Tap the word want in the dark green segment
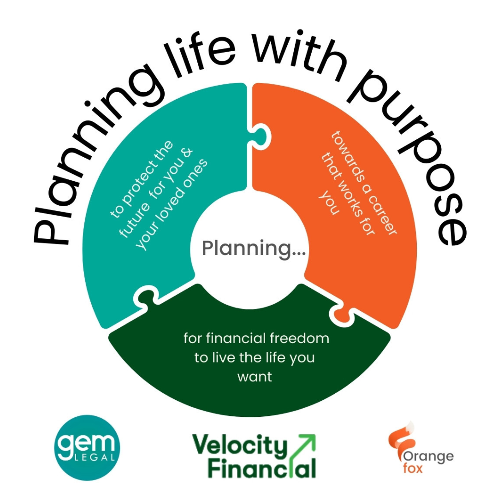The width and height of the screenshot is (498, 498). tap(255, 377)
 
